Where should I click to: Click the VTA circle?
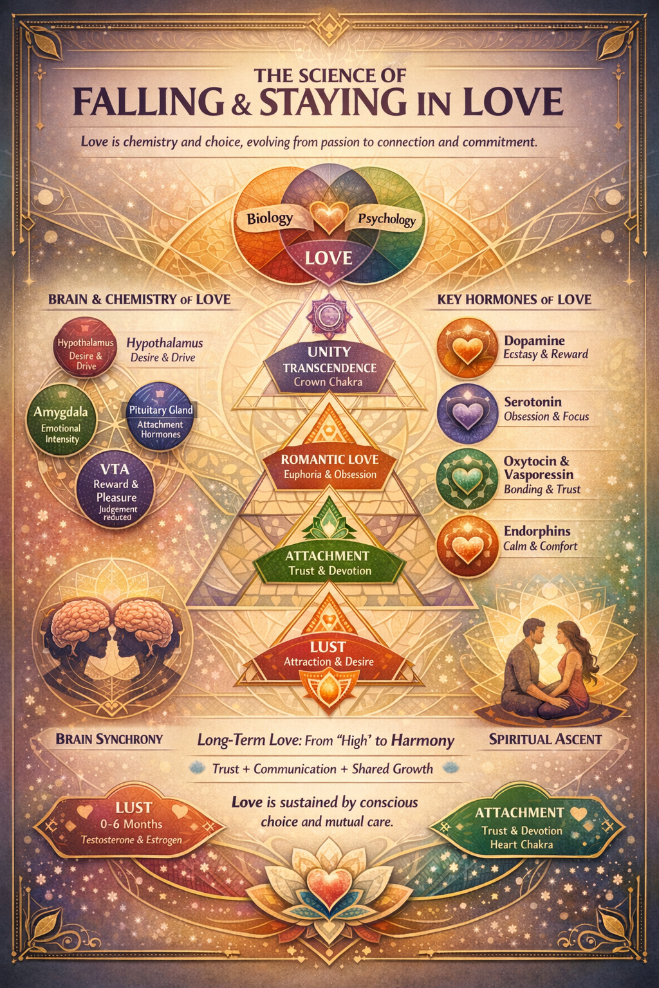click(x=115, y=489)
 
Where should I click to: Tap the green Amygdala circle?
click(x=61, y=420)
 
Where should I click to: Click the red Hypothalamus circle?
click(x=85, y=348)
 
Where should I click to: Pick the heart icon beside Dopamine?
click(x=467, y=349)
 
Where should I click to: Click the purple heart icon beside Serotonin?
click(x=467, y=414)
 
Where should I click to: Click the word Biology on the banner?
click(x=270, y=218)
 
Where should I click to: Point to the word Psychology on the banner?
click(x=387, y=219)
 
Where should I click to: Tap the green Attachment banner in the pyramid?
click(x=329, y=563)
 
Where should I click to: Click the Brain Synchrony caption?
click(x=109, y=739)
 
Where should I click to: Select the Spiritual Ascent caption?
click(x=545, y=739)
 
